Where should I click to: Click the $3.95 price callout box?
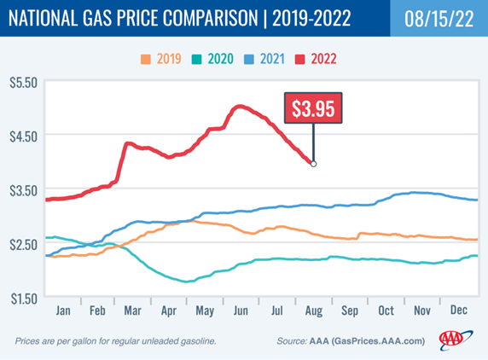point(313,108)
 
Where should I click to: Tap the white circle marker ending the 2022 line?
point(313,164)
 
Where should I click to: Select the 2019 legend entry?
point(161,59)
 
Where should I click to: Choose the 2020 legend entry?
point(212,59)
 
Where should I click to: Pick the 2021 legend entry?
point(264,59)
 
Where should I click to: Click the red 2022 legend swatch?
point(299,59)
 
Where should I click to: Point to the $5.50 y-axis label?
point(23,83)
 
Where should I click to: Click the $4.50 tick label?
point(23,136)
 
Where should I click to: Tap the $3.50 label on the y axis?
point(23,190)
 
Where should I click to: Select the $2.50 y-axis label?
point(23,245)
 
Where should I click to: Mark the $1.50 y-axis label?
point(24,299)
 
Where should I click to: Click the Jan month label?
point(63,311)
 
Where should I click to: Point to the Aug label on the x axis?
point(314,311)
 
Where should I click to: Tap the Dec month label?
point(459,310)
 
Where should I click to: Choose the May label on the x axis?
point(205,311)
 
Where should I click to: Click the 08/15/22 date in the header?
point(439,19)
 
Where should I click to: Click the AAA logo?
point(456,340)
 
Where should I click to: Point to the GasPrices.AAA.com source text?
point(379,341)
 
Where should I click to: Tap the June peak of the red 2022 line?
point(240,107)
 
